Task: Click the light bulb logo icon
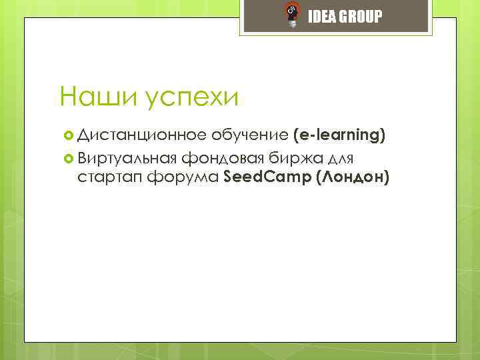[x=291, y=15]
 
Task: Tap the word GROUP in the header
[x=361, y=17]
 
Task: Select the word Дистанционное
[x=142, y=135]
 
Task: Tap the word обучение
[x=251, y=135]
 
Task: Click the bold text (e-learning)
[x=339, y=135]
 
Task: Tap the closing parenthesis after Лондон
[x=386, y=178]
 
